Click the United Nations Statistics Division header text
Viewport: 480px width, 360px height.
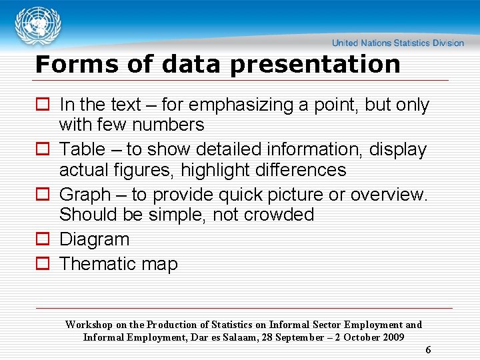point(398,43)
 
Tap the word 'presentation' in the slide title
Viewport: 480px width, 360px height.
point(315,65)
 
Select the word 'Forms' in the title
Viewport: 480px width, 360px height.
point(67,65)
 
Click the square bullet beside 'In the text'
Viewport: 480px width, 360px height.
point(43,105)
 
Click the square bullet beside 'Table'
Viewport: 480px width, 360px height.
point(43,150)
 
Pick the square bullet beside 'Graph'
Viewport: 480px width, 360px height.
point(43,195)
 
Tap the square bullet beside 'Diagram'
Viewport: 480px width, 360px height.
point(43,239)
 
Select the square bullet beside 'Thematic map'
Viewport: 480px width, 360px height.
point(43,264)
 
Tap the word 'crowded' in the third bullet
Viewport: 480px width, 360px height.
point(281,215)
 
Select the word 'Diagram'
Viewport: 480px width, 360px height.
point(94,239)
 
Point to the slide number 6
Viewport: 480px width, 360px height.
point(428,350)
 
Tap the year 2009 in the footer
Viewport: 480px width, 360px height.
point(393,337)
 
